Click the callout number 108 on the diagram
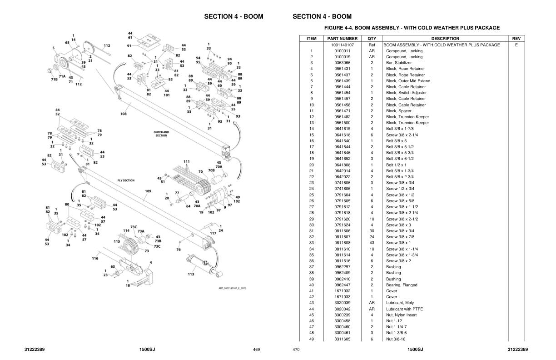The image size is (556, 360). [123, 114]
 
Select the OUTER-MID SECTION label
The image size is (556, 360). [161, 134]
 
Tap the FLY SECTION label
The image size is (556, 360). [126, 180]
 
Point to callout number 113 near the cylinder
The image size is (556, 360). [191, 274]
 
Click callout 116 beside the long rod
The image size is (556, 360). [95, 258]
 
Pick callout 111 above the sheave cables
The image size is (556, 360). [187, 162]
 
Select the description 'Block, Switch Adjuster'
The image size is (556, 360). [406, 93]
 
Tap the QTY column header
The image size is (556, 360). [372, 39]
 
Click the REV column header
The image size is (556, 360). [516, 39]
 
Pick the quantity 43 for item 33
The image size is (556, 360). [372, 243]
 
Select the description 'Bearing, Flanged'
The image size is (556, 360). [402, 285]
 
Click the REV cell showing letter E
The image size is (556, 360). [516, 45]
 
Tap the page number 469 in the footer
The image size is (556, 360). [256, 350]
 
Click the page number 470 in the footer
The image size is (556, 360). [296, 350]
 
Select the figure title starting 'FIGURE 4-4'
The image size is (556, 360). [412, 28]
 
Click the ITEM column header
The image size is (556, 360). [311, 39]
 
